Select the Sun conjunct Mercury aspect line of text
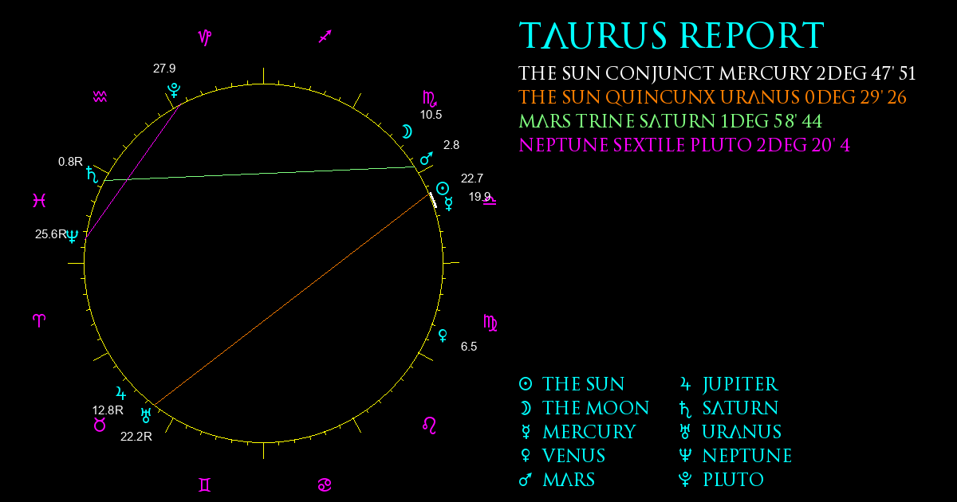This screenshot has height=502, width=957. (x=717, y=73)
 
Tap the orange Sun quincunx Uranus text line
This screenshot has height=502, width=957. (x=712, y=97)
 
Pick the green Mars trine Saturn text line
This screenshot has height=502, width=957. (x=671, y=121)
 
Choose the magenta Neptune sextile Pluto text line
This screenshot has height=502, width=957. (x=684, y=145)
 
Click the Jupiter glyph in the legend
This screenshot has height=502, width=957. (x=685, y=384)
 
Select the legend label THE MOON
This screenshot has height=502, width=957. (x=596, y=408)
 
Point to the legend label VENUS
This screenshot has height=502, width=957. (x=573, y=456)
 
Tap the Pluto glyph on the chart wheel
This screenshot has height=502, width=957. (x=174, y=91)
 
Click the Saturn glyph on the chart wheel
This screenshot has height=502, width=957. (x=93, y=175)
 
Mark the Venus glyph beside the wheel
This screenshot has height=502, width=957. (x=443, y=335)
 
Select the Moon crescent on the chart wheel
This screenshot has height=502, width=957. (x=408, y=132)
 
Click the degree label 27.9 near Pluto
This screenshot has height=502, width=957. (x=164, y=69)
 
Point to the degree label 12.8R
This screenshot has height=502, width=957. (x=108, y=410)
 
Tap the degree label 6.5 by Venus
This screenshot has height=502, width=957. (x=469, y=346)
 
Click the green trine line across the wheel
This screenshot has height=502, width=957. (x=260, y=174)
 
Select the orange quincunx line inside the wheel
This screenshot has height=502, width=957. (x=292, y=299)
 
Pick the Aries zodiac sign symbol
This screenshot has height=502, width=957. (x=39, y=320)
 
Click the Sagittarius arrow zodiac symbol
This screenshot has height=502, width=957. (x=325, y=37)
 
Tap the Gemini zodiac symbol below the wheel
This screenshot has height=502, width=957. (x=205, y=485)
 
